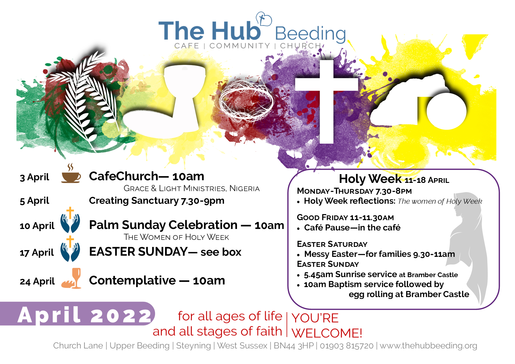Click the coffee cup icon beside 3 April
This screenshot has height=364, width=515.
pyautogui.click(x=71, y=174)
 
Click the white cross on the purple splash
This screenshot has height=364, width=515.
pyautogui.click(x=326, y=101)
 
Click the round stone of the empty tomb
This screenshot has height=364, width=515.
pyautogui.click(x=446, y=112)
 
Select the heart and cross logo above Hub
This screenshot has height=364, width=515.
pyautogui.click(x=264, y=19)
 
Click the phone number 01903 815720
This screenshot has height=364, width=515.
pyautogui.click(x=346, y=346)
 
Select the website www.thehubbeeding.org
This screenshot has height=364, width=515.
pyautogui.click(x=428, y=346)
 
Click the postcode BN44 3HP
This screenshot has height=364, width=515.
pyautogui.click(x=294, y=346)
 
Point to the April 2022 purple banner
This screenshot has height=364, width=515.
pyautogui.click(x=78, y=314)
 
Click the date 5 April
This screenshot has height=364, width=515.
pyautogui.click(x=34, y=201)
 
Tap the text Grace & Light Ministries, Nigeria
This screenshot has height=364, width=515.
pyautogui.click(x=191, y=188)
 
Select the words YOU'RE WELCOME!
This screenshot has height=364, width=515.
pyautogui.click(x=327, y=326)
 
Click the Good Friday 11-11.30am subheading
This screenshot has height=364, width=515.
pyautogui.click(x=345, y=218)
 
